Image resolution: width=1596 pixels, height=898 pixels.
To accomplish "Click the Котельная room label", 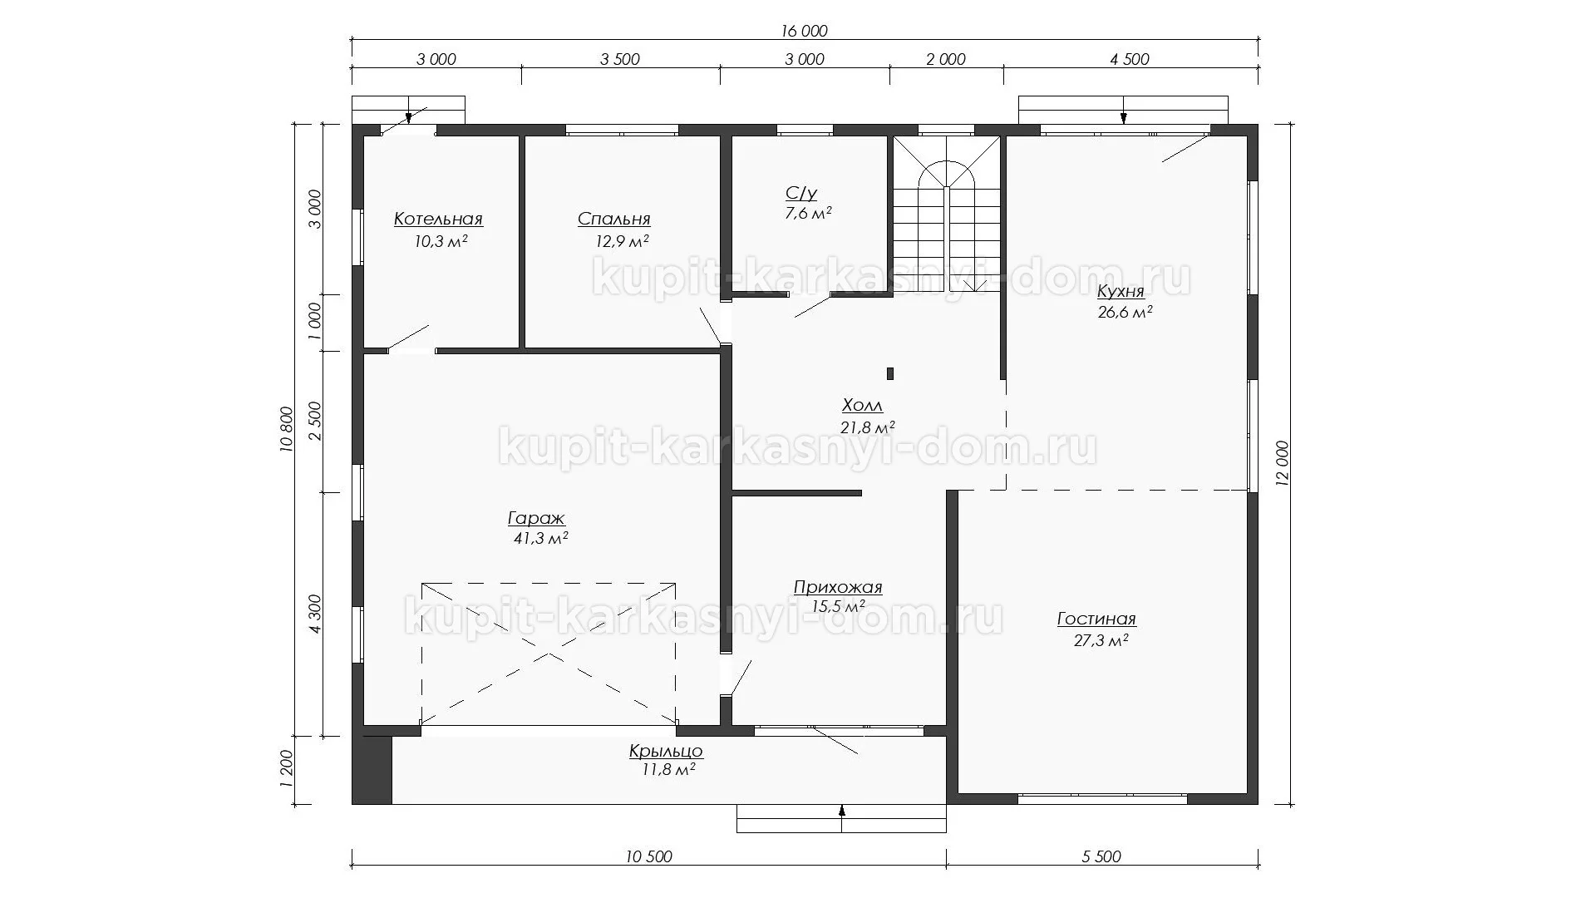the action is pos(438,219).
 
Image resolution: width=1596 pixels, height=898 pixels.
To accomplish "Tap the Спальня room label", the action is pos(614,219).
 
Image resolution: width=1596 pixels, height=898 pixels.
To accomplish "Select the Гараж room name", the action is pos(536,519).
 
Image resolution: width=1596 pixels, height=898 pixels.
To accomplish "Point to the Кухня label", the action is pos(1121,291).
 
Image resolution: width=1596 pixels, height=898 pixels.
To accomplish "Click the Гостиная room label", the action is pos(1096,619).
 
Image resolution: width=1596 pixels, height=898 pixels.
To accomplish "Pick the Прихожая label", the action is pos(838,587).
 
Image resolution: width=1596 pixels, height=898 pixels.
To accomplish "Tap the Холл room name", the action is pos(862,406).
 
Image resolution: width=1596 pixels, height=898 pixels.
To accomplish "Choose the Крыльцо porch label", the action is pos(666,752).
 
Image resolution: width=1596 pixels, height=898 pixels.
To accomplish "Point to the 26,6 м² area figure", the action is pos(1125,313).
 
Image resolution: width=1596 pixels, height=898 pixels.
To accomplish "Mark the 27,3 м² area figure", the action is pos(1101,640).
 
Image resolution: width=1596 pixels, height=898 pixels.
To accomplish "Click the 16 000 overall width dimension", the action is pos(804,32).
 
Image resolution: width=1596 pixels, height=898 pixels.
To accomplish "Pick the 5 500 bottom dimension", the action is pos(1102,857).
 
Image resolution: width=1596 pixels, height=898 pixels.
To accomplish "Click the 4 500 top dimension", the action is pos(1130,59).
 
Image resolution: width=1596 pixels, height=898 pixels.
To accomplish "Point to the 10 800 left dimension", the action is pos(287,429).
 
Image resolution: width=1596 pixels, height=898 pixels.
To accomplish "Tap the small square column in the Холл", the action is pos(890,373).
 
